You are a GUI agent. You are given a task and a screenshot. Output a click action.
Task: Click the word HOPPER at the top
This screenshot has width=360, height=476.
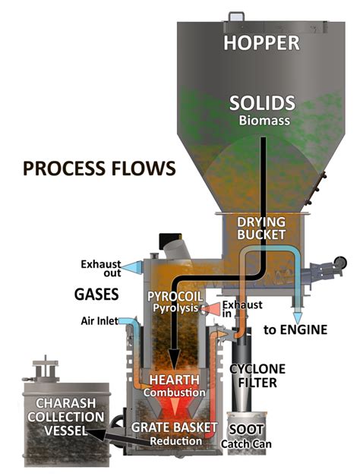[x=263, y=44]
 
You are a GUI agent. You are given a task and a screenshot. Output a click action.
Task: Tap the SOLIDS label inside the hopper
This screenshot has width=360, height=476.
[x=263, y=104]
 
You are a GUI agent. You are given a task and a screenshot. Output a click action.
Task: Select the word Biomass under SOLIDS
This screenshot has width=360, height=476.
[x=263, y=120]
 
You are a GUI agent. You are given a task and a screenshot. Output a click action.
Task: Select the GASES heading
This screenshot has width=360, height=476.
[x=95, y=292]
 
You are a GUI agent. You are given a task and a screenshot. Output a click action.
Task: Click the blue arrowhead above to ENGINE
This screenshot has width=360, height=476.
[x=297, y=316]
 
